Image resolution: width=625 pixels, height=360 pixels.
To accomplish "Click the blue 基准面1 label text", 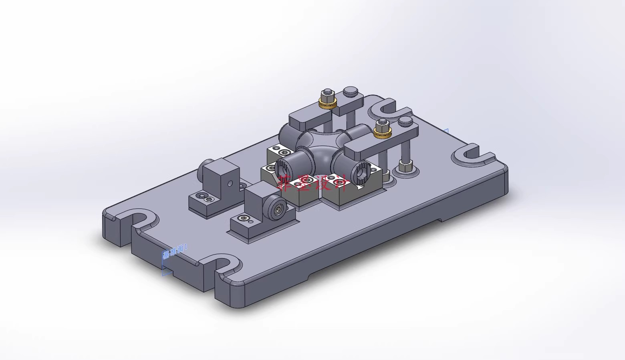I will point(175,252).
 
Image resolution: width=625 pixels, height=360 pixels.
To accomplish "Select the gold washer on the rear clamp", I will point(327,103).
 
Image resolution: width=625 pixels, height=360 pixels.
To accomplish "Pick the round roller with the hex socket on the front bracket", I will point(277,207).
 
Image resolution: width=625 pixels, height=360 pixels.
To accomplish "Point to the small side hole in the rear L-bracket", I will point(230,184).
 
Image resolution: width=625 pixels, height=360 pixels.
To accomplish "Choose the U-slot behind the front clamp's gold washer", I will point(385,108).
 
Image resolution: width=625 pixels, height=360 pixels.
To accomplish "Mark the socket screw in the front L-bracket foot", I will point(242,218).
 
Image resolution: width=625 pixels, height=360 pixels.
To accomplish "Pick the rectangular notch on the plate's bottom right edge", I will point(440,220).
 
